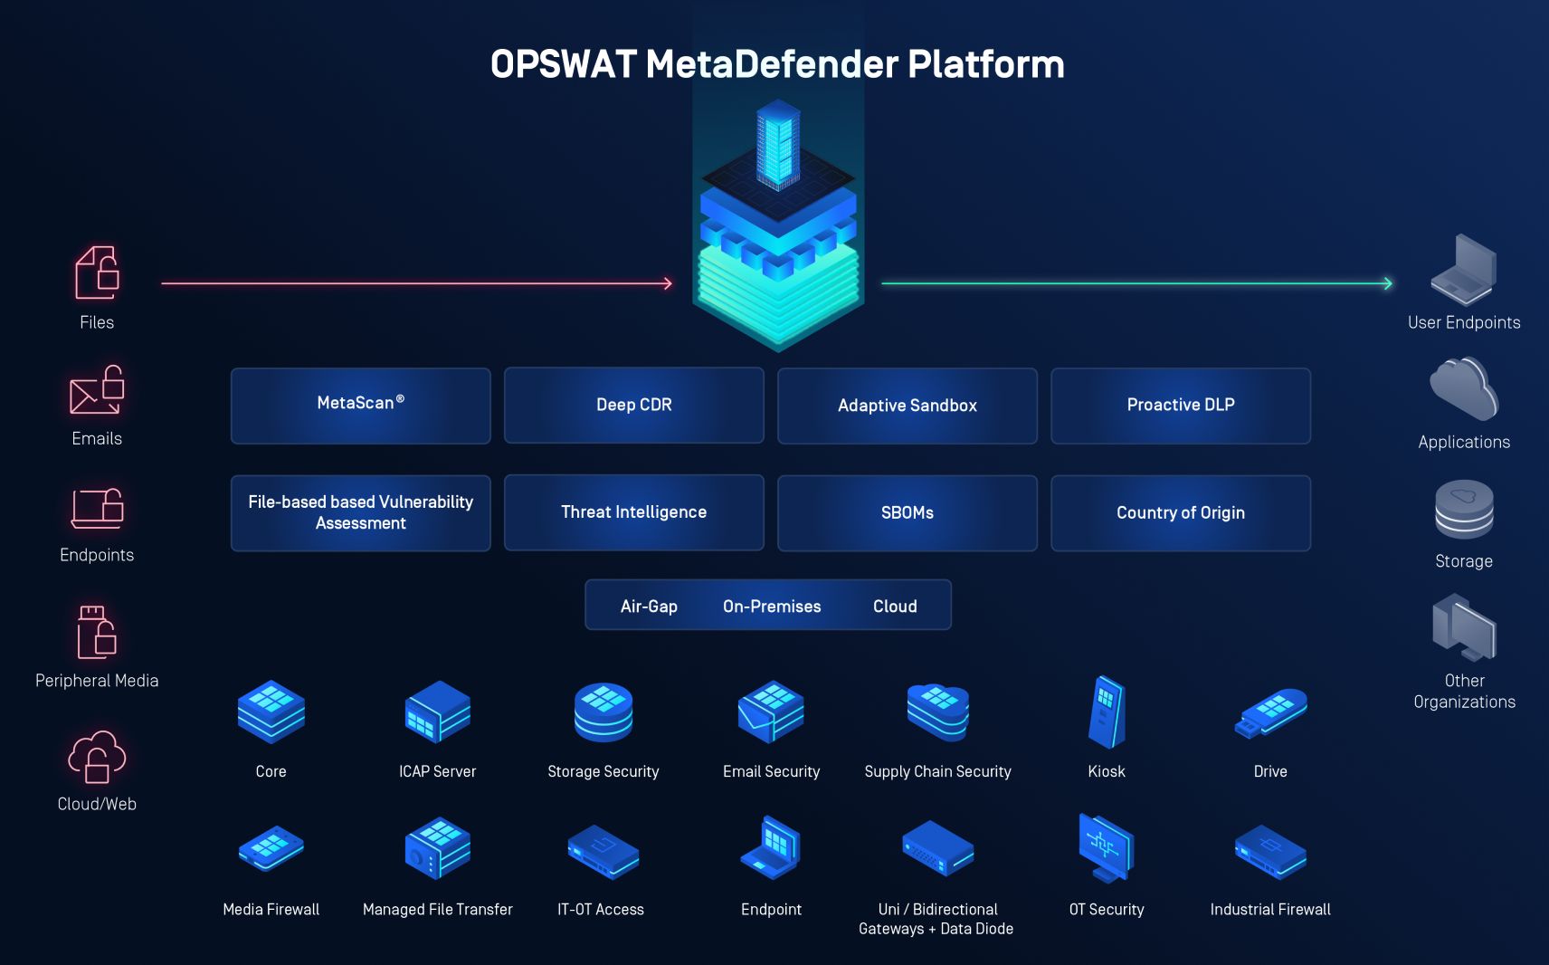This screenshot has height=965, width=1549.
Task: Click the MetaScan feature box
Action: pyautogui.click(x=360, y=406)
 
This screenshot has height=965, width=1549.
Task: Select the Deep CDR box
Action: pyautogui.click(x=634, y=405)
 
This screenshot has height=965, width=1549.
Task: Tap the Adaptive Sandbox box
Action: pyautogui.click(x=908, y=406)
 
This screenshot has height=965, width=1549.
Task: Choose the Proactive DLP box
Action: pyautogui.click(x=1181, y=406)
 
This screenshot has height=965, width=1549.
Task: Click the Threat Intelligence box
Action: pyautogui.click(x=634, y=511)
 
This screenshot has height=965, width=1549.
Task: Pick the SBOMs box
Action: pyautogui.click(x=908, y=512)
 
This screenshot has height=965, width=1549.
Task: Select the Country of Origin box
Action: pyautogui.click(x=1181, y=512)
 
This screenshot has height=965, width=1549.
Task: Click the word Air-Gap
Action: pyautogui.click(x=649, y=606)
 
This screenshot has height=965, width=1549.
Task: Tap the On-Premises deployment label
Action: pyautogui.click(x=772, y=606)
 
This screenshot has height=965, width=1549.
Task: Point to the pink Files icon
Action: pyautogui.click(x=97, y=272)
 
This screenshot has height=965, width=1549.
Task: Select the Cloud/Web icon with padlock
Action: pyautogui.click(x=97, y=757)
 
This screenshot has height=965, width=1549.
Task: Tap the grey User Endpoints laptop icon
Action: pyautogui.click(x=1463, y=270)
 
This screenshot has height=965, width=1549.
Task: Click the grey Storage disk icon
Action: pyautogui.click(x=1464, y=509)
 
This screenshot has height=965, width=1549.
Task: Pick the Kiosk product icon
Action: pyautogui.click(x=1107, y=712)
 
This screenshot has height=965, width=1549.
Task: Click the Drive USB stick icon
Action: pyautogui.click(x=1270, y=713)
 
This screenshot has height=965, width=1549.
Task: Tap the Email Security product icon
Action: pyautogui.click(x=771, y=712)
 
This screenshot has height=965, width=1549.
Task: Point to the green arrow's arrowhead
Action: pyautogui.click(x=1388, y=283)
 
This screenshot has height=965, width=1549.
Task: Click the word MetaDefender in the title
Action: pyautogui.click(x=771, y=64)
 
